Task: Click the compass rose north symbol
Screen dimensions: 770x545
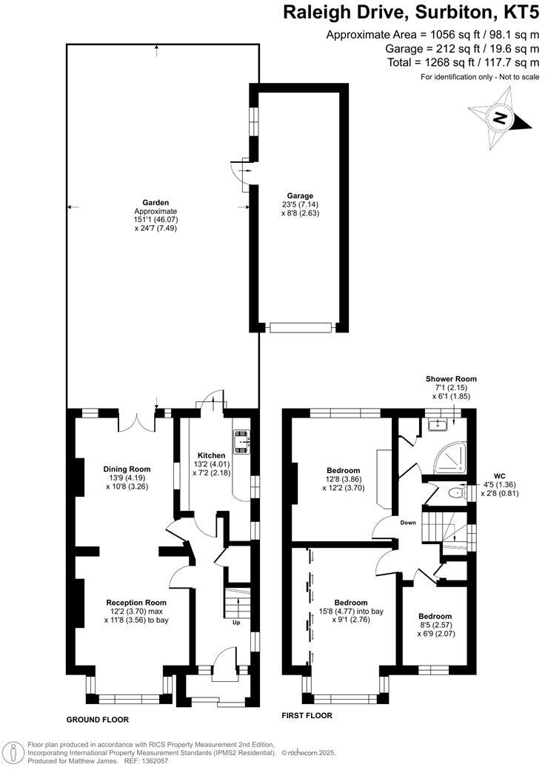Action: click(501, 118)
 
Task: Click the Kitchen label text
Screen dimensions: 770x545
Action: click(210, 455)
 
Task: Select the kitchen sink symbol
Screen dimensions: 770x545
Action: click(242, 441)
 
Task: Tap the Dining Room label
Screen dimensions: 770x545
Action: click(127, 469)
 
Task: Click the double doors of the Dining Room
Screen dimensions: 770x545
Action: click(136, 421)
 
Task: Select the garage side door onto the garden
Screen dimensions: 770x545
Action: click(242, 172)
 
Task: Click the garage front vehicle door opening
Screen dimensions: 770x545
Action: click(299, 327)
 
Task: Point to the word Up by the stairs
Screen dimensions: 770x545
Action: click(236, 623)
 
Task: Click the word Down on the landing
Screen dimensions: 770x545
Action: click(408, 523)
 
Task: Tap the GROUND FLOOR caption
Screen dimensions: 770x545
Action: click(98, 719)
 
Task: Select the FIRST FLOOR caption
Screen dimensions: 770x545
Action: click(307, 715)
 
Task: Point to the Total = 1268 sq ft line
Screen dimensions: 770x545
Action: click(464, 63)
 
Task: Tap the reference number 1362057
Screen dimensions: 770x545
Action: click(151, 760)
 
